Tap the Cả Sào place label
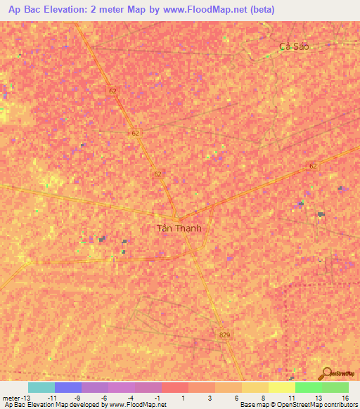294,46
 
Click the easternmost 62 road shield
313,166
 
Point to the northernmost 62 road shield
114,91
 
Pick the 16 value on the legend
345,398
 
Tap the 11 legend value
290,398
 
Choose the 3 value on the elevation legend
210,398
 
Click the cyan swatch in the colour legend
41,387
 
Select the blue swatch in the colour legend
68,387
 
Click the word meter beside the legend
11,398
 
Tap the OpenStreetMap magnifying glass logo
325,374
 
